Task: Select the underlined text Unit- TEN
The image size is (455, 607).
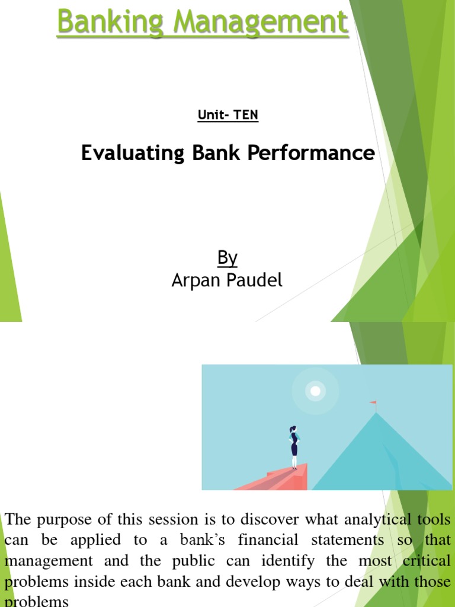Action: pyautogui.click(x=227, y=115)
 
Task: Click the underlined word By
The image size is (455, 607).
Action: pyautogui.click(x=227, y=258)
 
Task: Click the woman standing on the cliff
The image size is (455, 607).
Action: pyautogui.click(x=294, y=446)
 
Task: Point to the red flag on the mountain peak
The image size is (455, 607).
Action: pyautogui.click(x=373, y=404)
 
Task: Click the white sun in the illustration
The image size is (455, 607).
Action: pyautogui.click(x=316, y=391)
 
